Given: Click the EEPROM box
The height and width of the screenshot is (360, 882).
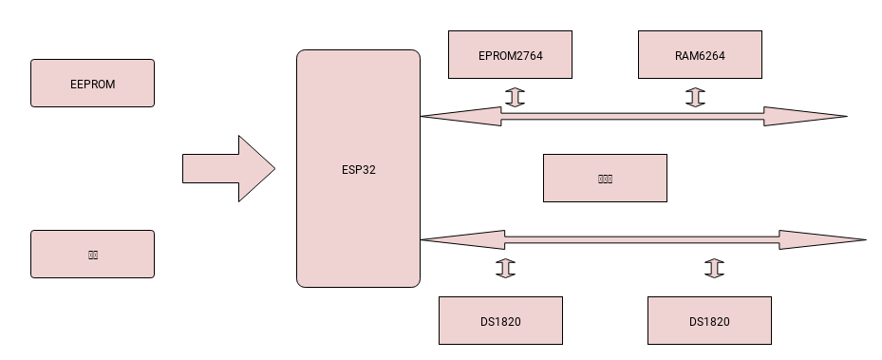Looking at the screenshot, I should pos(92,83).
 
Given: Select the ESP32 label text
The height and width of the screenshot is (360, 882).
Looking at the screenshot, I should pos(358,169).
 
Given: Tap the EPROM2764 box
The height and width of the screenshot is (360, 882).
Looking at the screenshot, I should pos(510,54).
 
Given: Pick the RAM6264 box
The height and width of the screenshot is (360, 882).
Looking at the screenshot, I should pos(700,54).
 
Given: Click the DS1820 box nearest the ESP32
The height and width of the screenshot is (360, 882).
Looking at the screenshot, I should pos(500,320).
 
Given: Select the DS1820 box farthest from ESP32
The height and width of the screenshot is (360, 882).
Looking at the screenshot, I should pos(709,320).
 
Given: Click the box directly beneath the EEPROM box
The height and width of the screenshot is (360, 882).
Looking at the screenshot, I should pos(92,254).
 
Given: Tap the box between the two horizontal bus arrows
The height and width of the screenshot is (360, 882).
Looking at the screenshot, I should pos(605,178).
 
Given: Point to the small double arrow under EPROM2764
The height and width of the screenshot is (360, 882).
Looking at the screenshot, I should pos(515,97).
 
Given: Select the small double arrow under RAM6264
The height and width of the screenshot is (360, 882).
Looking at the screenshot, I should pos(695,97).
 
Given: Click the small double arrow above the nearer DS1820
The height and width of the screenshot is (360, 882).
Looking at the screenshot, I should pos(505,268).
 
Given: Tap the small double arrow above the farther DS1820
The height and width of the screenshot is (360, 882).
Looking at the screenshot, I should pos(714,268).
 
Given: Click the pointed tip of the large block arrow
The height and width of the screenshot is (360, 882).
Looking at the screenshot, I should pos(272,169).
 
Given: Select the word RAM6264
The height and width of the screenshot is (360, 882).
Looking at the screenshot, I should pos(700,55).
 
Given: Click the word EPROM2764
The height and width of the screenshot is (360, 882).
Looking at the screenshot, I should pos(510,55).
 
